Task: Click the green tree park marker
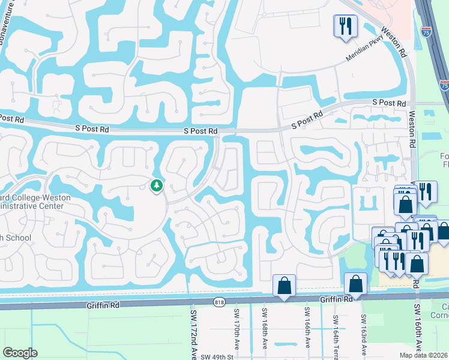coord(157,185)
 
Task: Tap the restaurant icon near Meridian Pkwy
coord(345,26)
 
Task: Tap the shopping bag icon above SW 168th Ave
coord(284,286)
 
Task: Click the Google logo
coord(20,352)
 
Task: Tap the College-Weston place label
coord(36,197)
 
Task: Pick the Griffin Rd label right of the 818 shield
coord(335,299)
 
